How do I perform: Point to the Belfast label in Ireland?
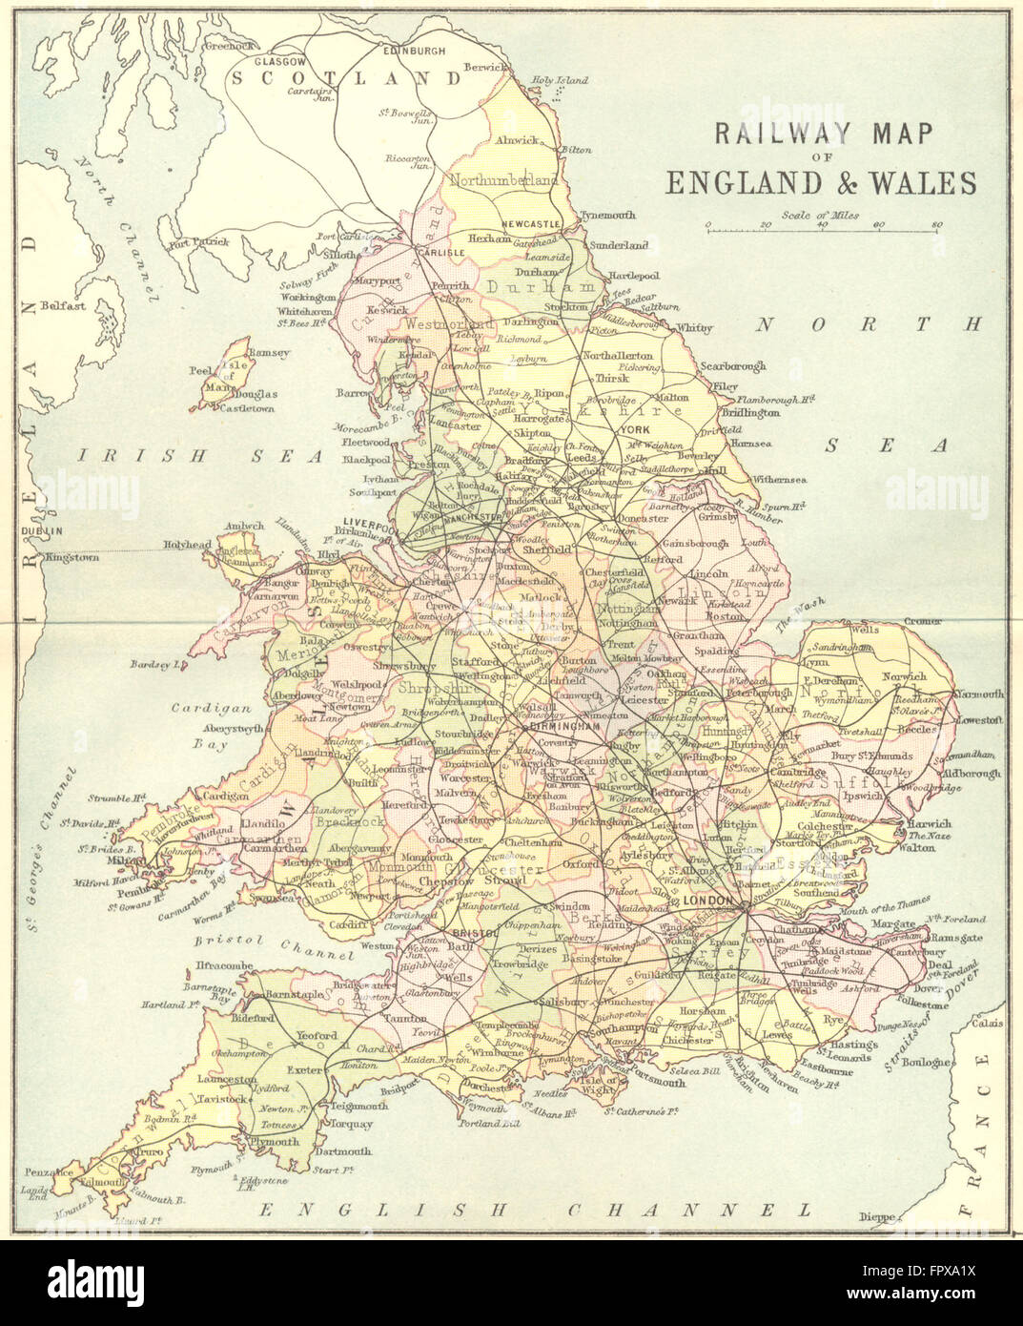pos(63,307)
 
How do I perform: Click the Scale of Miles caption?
pos(819,215)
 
